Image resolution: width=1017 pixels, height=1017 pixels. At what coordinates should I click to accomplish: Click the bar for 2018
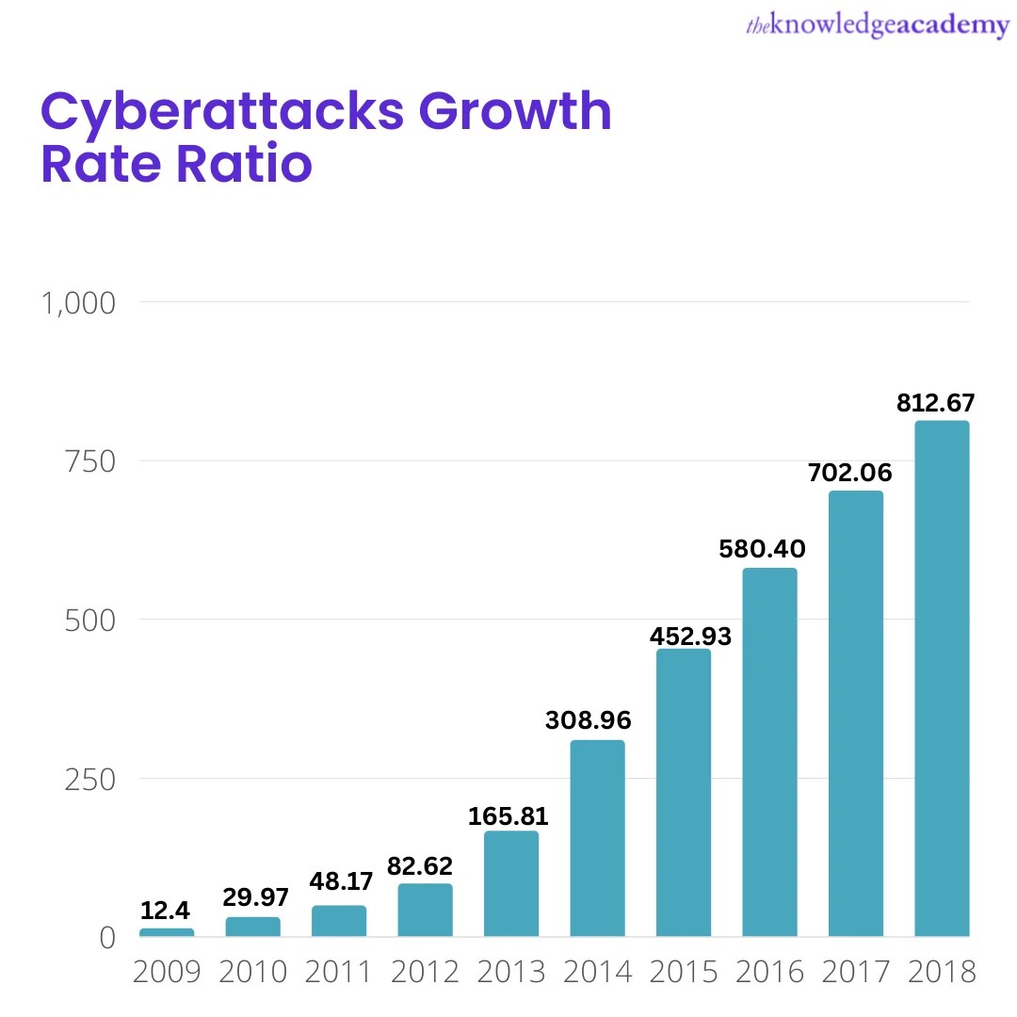942,678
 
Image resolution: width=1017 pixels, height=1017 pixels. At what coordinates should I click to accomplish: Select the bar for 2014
597,838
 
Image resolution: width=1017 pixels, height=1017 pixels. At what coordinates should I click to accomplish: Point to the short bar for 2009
167,932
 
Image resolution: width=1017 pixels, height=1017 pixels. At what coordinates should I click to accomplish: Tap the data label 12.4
166,911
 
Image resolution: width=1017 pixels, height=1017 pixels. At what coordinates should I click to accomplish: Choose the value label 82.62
420,865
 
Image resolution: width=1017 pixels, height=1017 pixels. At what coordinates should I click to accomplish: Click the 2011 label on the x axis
339,971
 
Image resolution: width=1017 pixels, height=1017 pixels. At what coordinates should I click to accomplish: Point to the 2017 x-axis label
856,971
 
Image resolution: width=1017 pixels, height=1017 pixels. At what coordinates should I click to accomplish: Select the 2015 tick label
684,971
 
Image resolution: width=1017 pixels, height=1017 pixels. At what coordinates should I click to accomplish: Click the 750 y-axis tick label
90,461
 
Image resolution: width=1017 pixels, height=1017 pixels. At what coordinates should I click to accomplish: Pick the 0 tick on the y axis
106,938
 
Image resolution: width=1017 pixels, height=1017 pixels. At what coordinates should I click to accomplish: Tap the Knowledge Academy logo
877,26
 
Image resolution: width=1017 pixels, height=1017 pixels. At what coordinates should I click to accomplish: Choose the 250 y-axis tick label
90,780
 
